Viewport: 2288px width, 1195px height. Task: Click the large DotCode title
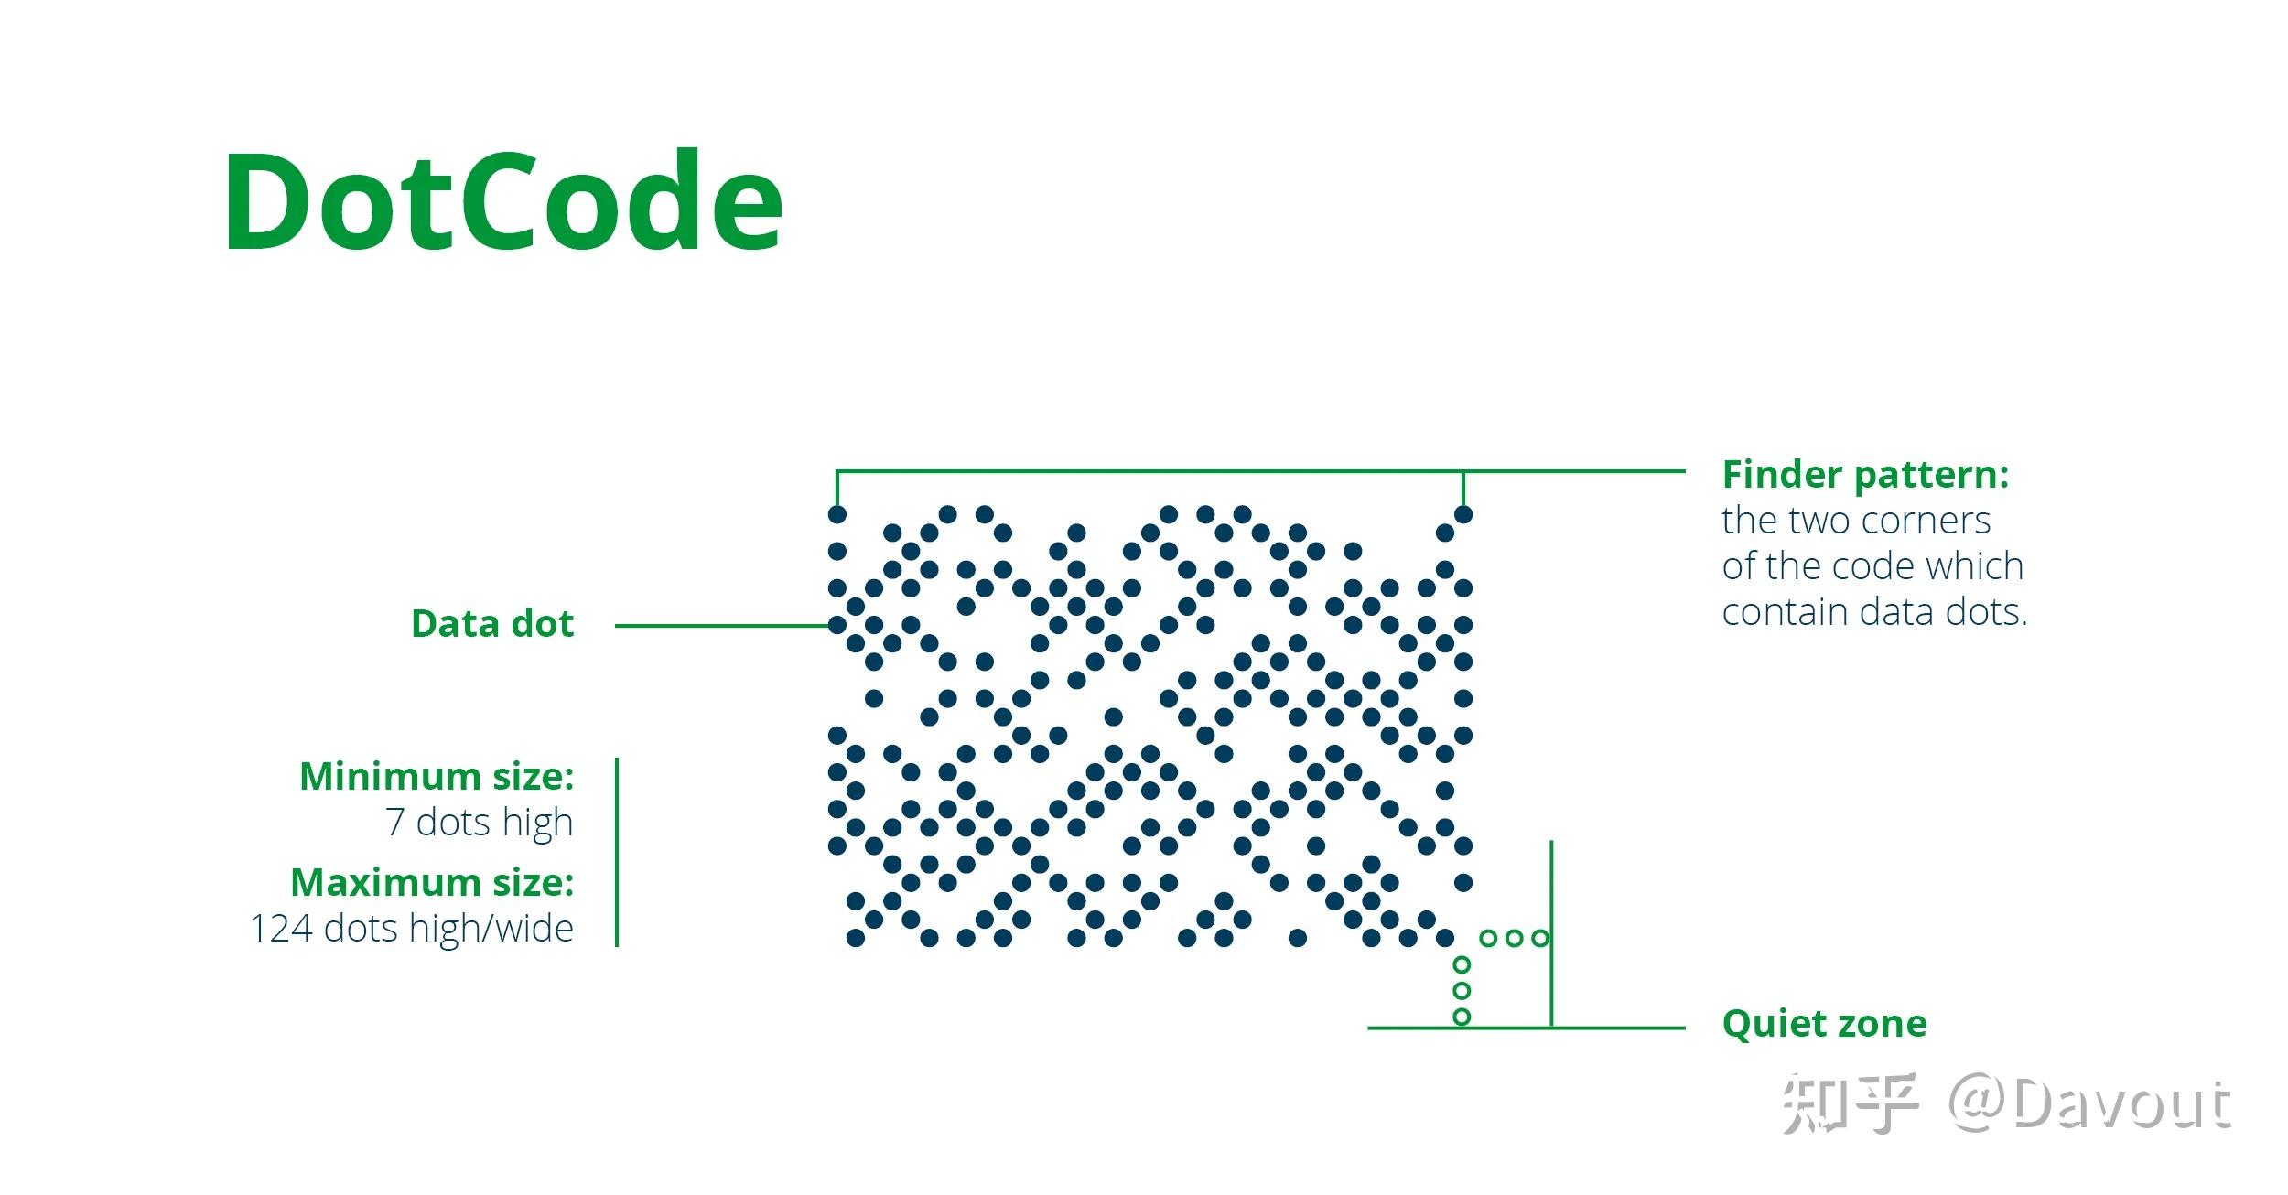pyautogui.click(x=503, y=201)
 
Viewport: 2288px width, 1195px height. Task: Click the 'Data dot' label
pyautogui.click(x=492, y=624)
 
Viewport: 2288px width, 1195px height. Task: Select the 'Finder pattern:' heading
pyautogui.click(x=1865, y=475)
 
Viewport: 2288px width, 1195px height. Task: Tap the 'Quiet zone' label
pyautogui.click(x=1824, y=1023)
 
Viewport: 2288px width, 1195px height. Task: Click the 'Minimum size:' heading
pyautogui.click(x=437, y=777)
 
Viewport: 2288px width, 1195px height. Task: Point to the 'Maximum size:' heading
pyautogui.click(x=432, y=883)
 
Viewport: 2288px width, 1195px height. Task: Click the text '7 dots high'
pyautogui.click(x=479, y=823)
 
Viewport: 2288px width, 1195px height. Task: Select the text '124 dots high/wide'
pyautogui.click(x=412, y=929)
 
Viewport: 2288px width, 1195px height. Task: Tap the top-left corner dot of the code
pyautogui.click(x=836, y=514)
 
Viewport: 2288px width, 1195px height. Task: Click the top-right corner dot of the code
pyautogui.click(x=1463, y=514)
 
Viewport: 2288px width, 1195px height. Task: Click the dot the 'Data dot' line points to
pyautogui.click(x=836, y=625)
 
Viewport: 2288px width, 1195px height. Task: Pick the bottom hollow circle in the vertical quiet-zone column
pyautogui.click(x=1462, y=1017)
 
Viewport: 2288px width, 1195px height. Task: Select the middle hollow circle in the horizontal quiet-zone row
pyautogui.click(x=1514, y=938)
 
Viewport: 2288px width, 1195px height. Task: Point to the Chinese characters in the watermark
pyautogui.click(x=1849, y=1104)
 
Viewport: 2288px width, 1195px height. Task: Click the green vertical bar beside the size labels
pyautogui.click(x=617, y=852)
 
